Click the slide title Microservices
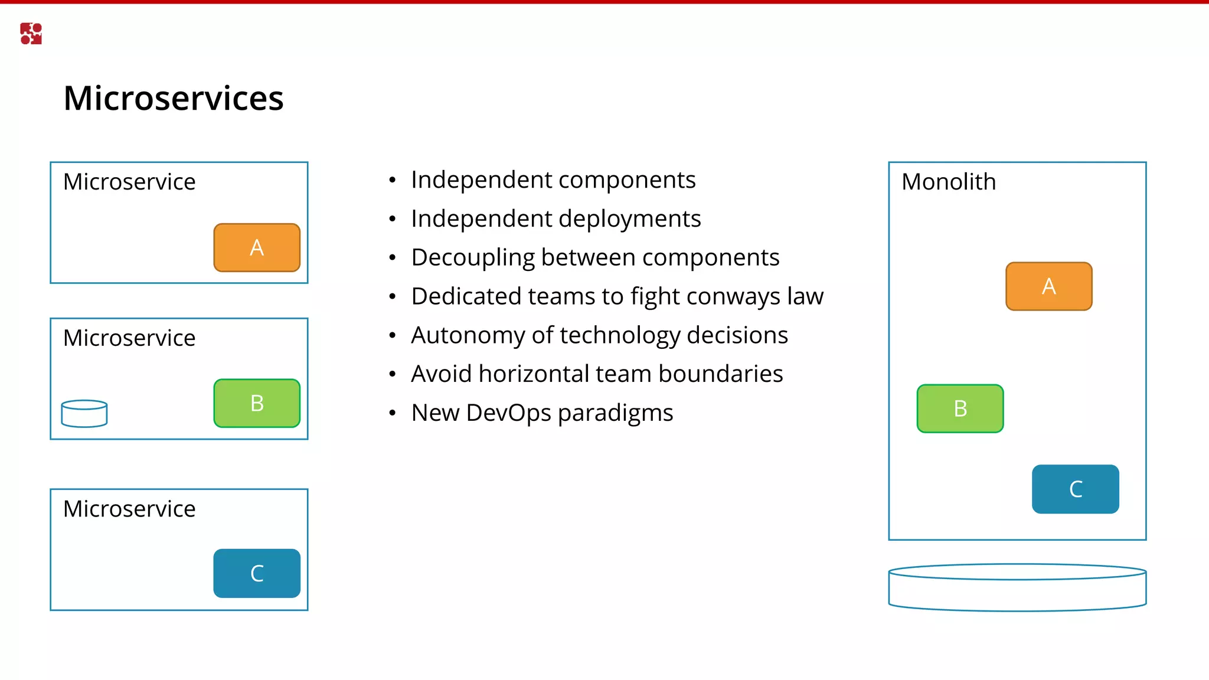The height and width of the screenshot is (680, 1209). [x=173, y=98]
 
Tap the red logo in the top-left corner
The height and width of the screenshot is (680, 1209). [x=31, y=34]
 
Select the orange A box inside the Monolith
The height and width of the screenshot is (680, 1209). [x=1048, y=286]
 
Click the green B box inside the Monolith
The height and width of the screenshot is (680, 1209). [x=960, y=408]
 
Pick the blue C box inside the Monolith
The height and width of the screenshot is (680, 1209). [x=1075, y=489]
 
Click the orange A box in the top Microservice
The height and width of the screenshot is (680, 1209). [x=256, y=247]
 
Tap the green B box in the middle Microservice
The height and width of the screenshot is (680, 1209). [x=256, y=403]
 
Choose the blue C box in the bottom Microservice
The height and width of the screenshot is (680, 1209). [x=256, y=573]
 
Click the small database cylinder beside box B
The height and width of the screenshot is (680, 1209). [x=84, y=413]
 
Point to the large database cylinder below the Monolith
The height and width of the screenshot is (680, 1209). [x=1017, y=587]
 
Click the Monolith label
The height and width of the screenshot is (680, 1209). [x=948, y=182]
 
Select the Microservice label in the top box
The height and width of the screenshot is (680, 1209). [x=129, y=182]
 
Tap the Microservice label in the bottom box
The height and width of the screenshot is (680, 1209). [x=129, y=509]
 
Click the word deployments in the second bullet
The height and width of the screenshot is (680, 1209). [x=628, y=219]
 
